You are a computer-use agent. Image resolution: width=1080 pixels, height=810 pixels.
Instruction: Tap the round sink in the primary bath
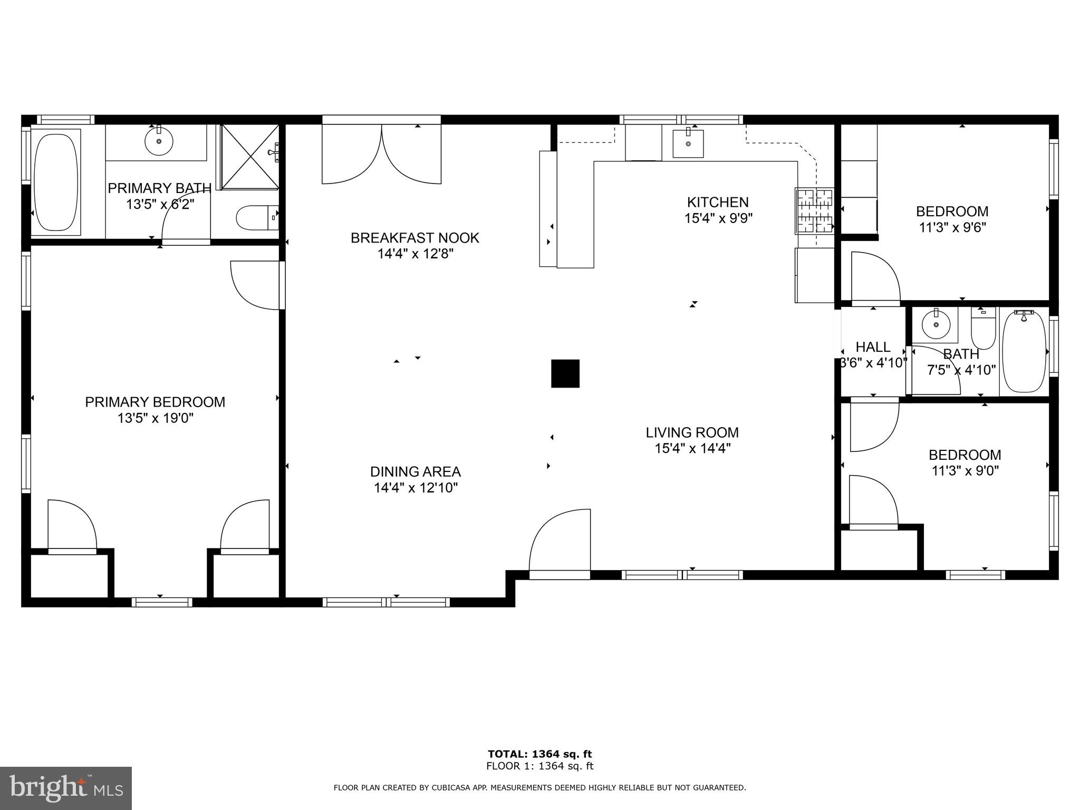159,141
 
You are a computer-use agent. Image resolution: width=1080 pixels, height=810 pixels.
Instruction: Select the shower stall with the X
249,157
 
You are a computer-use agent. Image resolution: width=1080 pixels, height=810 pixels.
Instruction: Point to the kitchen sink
688,143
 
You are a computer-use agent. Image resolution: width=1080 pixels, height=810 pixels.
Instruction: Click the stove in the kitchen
815,211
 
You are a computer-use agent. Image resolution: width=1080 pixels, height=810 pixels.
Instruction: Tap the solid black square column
565,373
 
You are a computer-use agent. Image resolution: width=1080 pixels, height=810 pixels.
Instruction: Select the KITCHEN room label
718,202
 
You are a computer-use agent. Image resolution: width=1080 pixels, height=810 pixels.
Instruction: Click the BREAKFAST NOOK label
415,238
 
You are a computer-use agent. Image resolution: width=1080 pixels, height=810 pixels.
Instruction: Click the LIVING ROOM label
692,433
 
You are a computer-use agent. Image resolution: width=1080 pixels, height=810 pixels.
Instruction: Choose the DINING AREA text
416,472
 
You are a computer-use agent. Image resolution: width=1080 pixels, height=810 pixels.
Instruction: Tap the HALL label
873,347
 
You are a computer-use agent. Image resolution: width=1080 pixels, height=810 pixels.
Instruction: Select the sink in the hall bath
937,326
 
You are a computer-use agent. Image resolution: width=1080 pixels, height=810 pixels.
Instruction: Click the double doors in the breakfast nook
381,155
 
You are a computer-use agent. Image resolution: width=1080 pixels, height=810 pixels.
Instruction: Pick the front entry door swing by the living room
561,541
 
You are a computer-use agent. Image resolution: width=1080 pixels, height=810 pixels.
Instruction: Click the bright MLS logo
66,788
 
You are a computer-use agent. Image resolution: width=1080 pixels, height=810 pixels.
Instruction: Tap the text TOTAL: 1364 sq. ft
539,754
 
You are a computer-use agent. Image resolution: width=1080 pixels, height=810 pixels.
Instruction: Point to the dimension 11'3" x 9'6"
952,228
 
